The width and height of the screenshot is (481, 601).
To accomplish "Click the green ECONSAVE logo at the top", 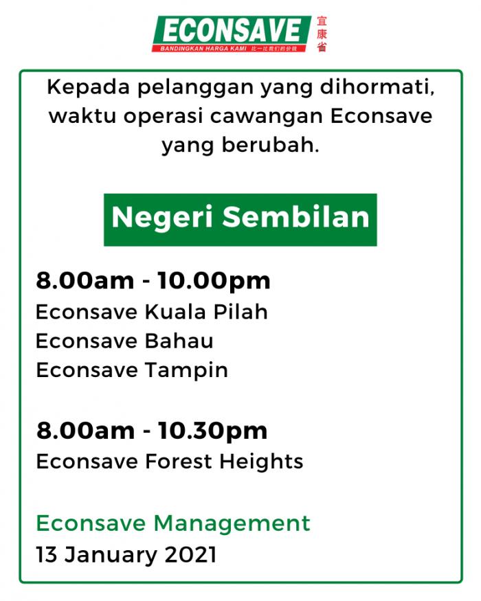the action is [232, 34].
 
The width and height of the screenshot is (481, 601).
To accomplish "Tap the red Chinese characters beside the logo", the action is [322, 34].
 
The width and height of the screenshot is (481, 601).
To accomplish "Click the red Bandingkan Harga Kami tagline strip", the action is [230, 49].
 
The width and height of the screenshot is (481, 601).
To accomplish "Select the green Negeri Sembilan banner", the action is [240, 220].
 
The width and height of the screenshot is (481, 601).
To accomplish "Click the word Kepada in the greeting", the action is [89, 88].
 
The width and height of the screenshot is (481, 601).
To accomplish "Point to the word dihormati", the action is [377, 87].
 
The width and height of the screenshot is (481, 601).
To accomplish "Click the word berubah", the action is [271, 145].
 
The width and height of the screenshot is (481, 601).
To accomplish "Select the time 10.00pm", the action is [214, 282].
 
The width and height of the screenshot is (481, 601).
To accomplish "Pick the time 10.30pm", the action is [212, 431].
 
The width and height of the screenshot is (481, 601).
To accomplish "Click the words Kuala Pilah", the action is [206, 312].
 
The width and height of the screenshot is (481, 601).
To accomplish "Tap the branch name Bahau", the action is [179, 341].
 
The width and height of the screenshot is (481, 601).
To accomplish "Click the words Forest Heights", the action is [224, 462].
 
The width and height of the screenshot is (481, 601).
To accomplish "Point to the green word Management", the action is [232, 524].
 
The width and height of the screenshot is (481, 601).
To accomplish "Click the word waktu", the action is [82, 117].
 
